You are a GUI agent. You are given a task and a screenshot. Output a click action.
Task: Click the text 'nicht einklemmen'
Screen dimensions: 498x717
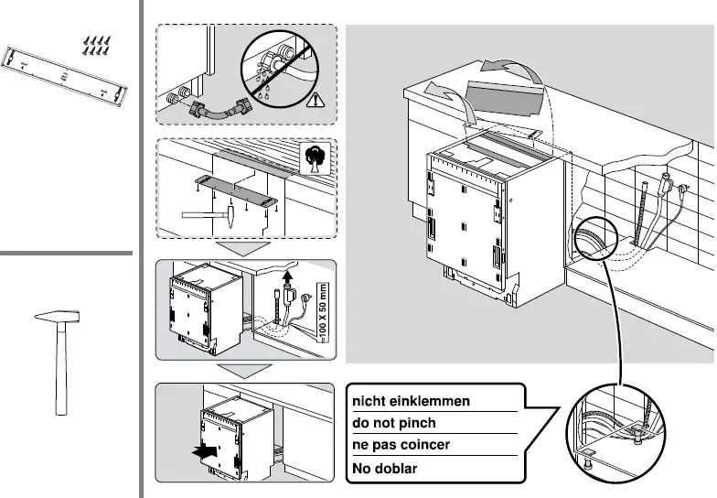412,401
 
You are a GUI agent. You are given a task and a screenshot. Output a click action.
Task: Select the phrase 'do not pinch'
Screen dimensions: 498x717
394,424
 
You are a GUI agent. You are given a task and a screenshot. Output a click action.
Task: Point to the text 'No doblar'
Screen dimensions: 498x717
385,469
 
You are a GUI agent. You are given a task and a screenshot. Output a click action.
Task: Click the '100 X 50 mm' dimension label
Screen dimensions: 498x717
320,310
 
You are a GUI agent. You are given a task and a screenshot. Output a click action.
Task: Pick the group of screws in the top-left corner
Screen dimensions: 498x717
96,46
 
